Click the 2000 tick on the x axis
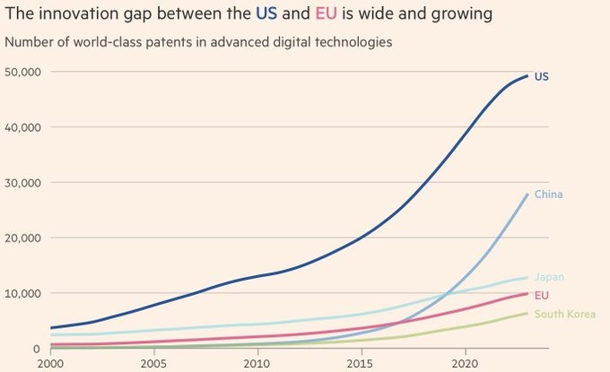click(x=50, y=364)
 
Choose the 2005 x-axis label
click(x=153, y=364)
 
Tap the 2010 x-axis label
click(x=257, y=364)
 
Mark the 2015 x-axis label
click(x=361, y=364)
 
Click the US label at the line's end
click(x=541, y=77)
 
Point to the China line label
click(x=548, y=195)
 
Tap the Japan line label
click(x=549, y=277)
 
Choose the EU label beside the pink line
click(x=541, y=295)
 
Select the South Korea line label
click(x=564, y=314)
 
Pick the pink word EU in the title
click(x=324, y=14)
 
